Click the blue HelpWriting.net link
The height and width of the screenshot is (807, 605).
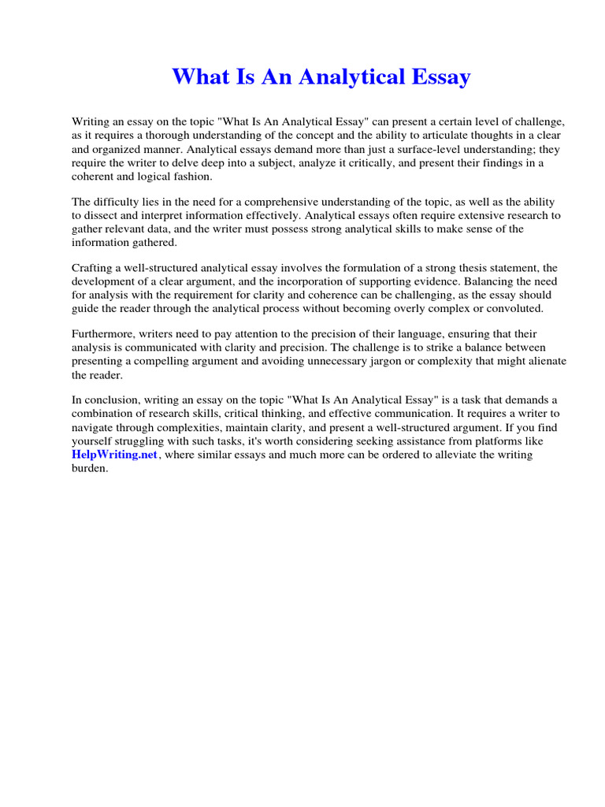click(115, 456)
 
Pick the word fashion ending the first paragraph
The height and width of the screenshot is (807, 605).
click(189, 177)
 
